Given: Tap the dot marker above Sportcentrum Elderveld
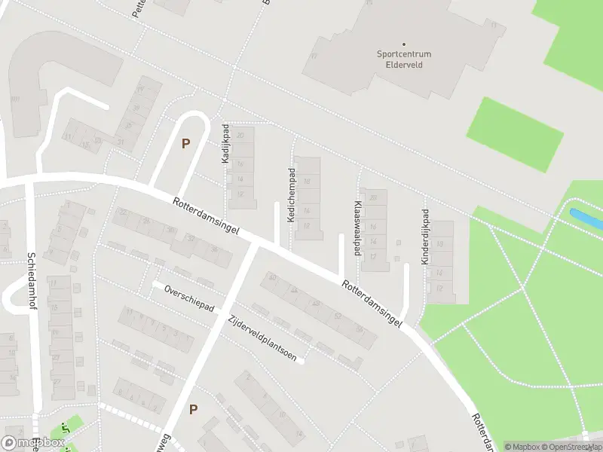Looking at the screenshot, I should (403, 44).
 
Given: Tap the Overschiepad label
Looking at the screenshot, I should (190, 300).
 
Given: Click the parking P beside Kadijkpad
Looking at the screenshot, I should (185, 142).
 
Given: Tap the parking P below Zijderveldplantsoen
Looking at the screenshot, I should (193, 409).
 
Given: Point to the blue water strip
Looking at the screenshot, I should (587, 219).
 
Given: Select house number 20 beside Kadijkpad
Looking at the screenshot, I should (240, 136).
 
